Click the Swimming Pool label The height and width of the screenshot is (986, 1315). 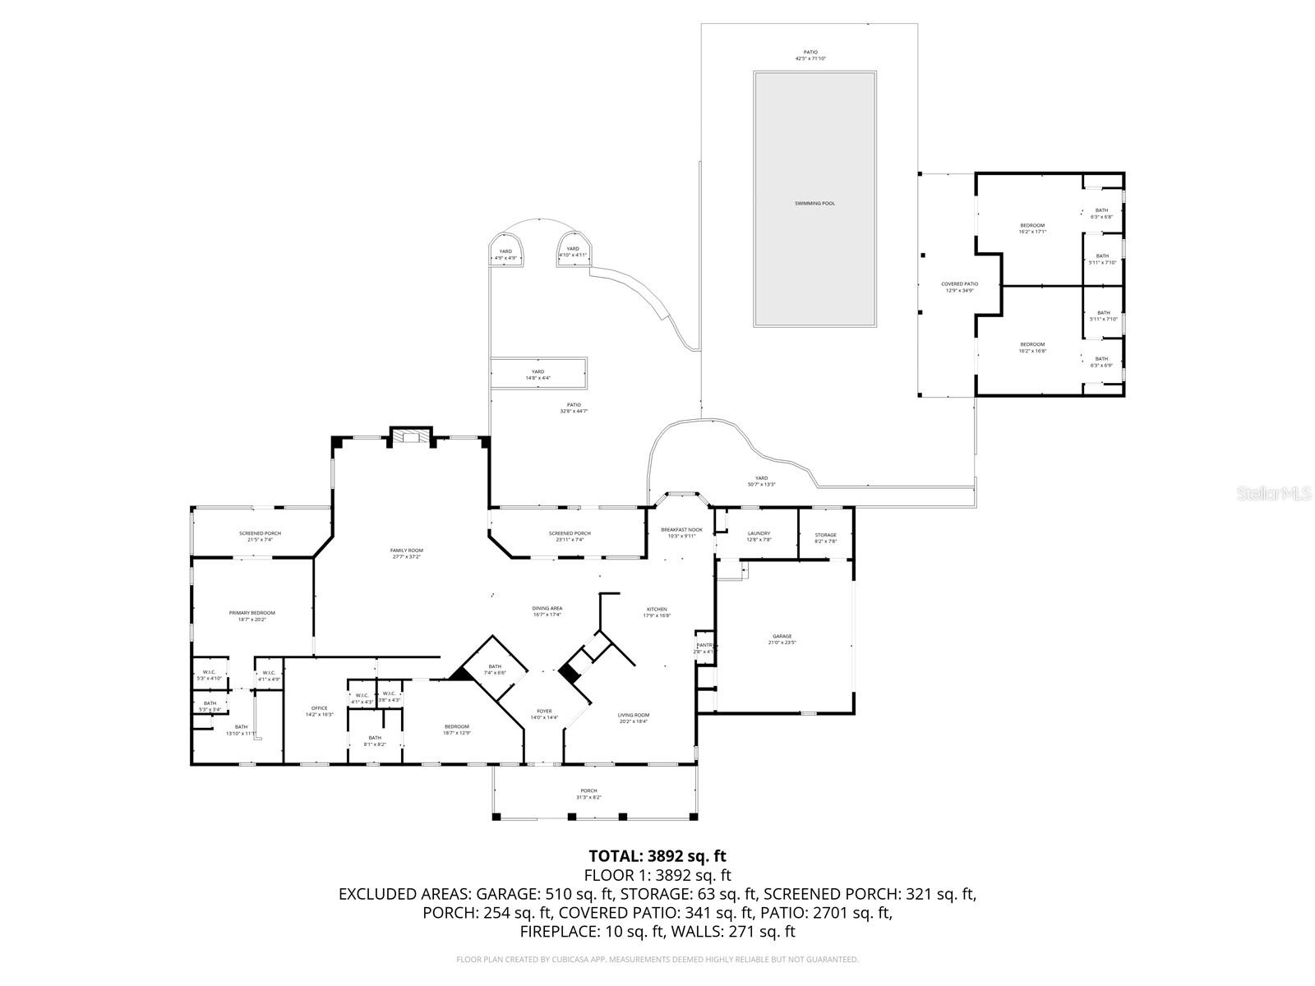(x=814, y=203)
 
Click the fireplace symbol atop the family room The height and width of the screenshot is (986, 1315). (x=409, y=438)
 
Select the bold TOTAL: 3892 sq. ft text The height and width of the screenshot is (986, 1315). (x=657, y=856)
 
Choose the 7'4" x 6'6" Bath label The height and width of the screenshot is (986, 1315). (x=495, y=669)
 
